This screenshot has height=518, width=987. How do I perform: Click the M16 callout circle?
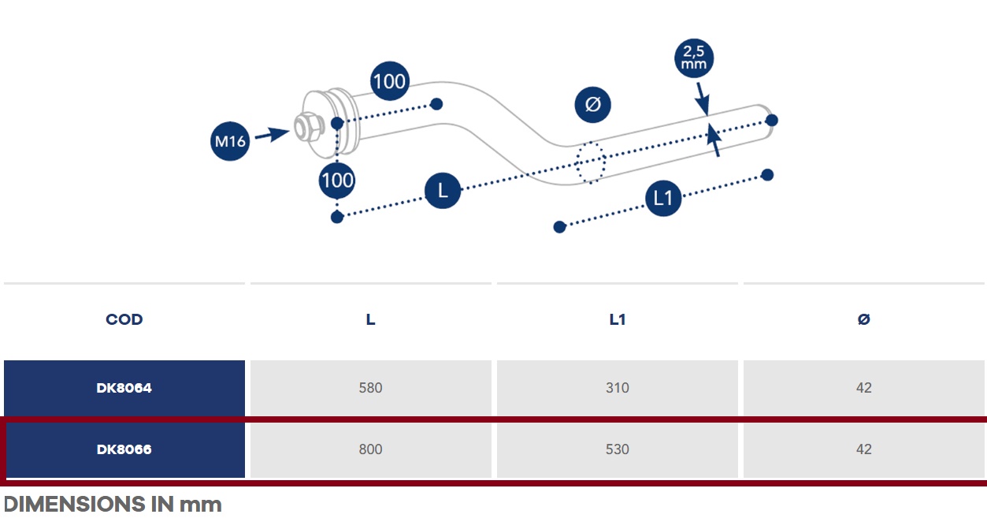coord(230,141)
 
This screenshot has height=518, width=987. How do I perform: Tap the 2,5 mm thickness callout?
coord(694,58)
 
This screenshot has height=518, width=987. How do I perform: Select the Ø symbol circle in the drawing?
coord(592,105)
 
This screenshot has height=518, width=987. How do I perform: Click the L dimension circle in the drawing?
coord(443,191)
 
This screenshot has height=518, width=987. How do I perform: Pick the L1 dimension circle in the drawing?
coord(663,198)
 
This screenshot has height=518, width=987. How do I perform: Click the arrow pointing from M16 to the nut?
coord(272,134)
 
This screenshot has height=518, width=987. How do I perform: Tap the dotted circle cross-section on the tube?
coord(591,162)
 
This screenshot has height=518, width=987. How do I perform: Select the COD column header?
coord(124,319)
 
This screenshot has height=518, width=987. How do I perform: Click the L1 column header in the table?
coord(618,319)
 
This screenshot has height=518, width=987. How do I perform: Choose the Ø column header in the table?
coord(863,319)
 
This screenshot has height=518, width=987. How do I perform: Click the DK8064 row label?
coord(124,388)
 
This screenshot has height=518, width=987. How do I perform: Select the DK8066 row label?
coord(124,449)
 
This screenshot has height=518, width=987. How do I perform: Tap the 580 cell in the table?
coord(370,388)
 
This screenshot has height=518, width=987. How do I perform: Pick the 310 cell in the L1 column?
coord(618,388)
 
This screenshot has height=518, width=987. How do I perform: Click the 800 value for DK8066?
coord(370,449)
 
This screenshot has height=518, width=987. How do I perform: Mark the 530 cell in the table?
coord(618,449)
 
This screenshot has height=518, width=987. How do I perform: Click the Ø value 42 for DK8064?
coord(863,388)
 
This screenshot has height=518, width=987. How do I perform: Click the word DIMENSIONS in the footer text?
coord(75,505)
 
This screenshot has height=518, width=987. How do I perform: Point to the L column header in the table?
coord(370,319)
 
